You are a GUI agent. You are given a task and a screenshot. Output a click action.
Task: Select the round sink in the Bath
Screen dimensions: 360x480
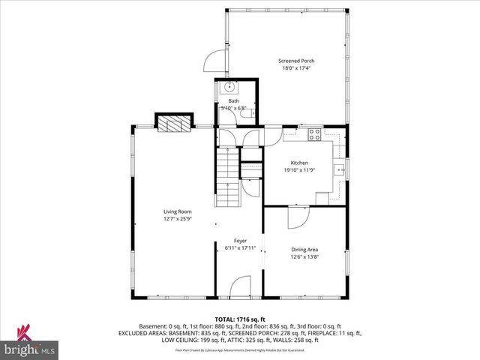click(x=232, y=87)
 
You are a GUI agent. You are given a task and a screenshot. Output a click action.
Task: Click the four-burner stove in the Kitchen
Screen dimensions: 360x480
click(x=314, y=136)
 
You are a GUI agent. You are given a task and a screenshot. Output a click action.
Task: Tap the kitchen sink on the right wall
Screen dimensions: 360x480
click(x=340, y=169)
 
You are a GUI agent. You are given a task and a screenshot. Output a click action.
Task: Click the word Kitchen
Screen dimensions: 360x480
click(x=299, y=163)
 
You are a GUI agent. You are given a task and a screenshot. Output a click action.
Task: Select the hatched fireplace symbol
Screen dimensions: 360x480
click(x=173, y=123)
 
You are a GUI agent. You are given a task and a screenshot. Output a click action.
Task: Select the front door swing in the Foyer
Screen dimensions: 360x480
click(x=240, y=285)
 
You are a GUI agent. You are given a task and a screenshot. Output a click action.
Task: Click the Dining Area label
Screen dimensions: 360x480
click(x=304, y=250)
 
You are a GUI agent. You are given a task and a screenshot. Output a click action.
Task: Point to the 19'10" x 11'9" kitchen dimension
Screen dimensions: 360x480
click(x=299, y=170)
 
